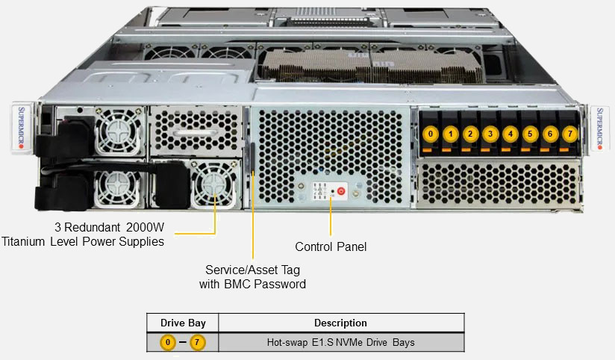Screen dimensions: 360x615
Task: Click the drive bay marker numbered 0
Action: tap(431, 134)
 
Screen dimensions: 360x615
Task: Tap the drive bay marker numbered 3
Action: tap(490, 134)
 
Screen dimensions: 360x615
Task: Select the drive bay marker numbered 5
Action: tap(530, 134)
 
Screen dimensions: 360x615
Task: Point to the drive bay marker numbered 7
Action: tap(569, 134)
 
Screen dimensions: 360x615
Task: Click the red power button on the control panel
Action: tap(341, 191)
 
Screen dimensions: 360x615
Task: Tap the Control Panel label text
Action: tap(331, 246)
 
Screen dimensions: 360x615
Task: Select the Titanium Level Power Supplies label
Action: tap(83, 234)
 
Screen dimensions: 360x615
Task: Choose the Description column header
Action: tap(340, 323)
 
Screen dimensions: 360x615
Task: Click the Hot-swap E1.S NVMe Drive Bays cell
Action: tap(340, 343)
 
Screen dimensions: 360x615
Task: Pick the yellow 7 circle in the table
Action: tap(197, 343)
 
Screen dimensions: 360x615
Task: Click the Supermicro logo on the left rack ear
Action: tap(20, 126)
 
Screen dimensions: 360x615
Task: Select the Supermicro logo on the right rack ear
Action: tap(600, 126)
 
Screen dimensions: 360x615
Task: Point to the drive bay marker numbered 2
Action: tap(470, 134)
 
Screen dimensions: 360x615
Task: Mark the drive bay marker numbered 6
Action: tap(550, 134)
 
